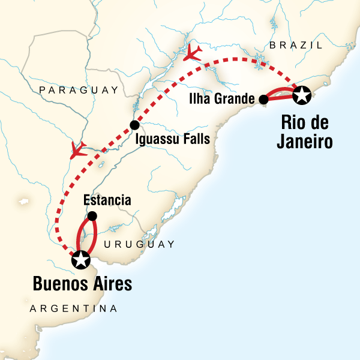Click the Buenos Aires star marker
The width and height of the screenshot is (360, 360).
tap(80, 260)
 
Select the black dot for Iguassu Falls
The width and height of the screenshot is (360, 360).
tap(134, 125)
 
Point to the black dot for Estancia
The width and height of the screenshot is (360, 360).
tap(92, 216)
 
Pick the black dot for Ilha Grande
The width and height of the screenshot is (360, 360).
tap(263, 100)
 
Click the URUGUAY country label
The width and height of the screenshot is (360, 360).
tap(139, 244)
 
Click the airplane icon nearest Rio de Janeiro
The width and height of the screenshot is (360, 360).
tap(193, 53)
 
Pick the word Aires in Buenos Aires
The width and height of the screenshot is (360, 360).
tap(111, 284)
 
